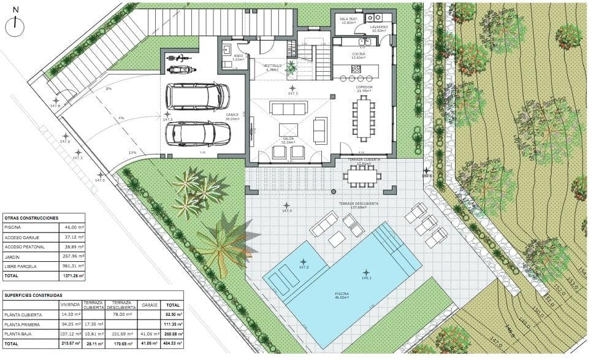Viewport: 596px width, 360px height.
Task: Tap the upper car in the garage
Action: (x=198, y=96)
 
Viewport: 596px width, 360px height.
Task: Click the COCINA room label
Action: (x=359, y=55)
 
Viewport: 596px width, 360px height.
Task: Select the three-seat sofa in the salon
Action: (x=289, y=109)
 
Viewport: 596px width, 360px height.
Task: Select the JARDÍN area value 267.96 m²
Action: (x=73, y=256)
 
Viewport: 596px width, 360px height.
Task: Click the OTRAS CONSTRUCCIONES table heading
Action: (x=31, y=218)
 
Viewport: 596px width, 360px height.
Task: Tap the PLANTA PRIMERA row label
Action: (x=22, y=324)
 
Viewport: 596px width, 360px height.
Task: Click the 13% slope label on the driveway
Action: (x=132, y=153)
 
